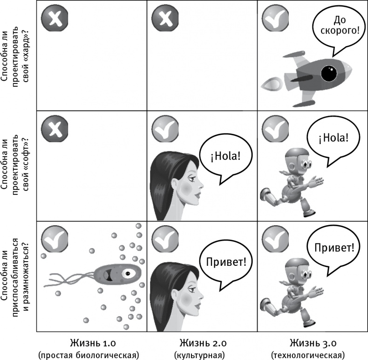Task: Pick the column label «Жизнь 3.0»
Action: [x=312, y=344]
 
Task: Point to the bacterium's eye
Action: [x=126, y=275]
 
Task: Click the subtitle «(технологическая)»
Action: [x=312, y=355]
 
